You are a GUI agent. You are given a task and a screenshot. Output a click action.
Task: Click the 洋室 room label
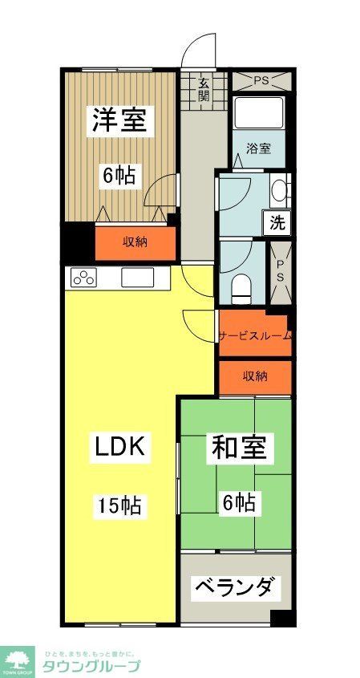click(118, 120)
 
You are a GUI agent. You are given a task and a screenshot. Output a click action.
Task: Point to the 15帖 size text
click(120, 505)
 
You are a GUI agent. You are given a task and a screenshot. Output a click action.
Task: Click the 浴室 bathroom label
click(258, 148)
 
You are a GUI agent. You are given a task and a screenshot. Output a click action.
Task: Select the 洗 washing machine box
click(277, 224)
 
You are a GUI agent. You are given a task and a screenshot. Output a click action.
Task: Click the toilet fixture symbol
click(241, 285)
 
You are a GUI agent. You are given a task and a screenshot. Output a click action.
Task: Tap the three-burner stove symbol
click(83, 278)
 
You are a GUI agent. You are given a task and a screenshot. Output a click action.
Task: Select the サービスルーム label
click(255, 336)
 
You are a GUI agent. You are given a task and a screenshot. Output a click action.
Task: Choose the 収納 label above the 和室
click(255, 376)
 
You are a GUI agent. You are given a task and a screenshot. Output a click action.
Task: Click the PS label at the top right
click(261, 81)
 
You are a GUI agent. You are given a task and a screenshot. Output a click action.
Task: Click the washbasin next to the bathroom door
click(278, 190)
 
